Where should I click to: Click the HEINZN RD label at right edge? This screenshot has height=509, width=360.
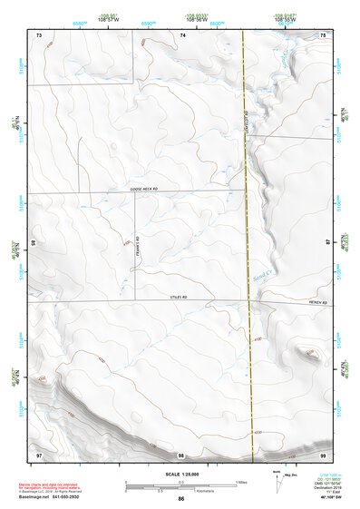(315, 302)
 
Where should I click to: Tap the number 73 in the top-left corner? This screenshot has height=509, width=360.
(39, 34)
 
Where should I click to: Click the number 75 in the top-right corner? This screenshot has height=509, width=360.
(324, 34)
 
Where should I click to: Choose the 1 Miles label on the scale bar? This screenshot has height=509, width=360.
(240, 481)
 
